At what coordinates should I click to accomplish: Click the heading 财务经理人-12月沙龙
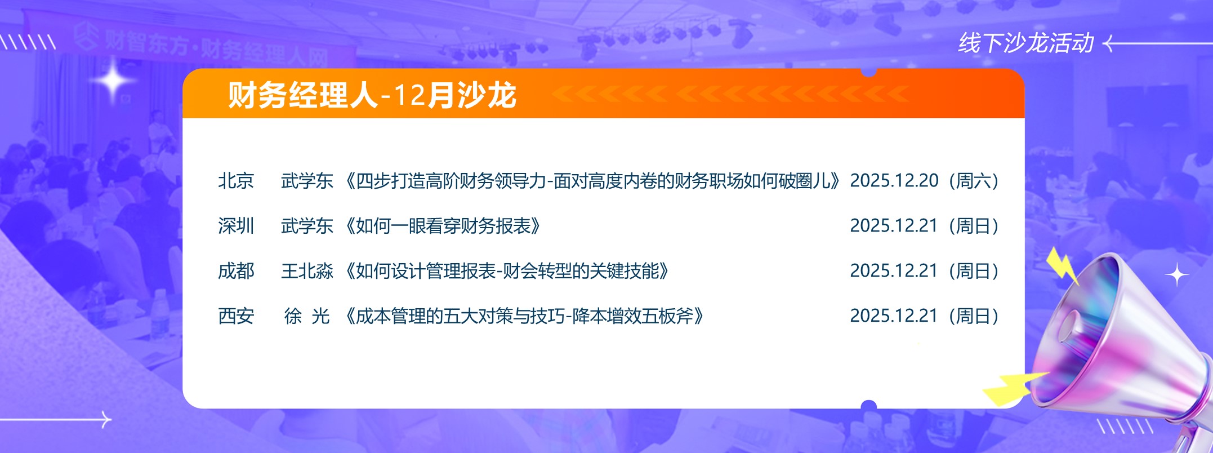(372, 94)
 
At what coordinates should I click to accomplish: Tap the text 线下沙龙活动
(1025, 43)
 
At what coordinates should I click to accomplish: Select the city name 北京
(236, 181)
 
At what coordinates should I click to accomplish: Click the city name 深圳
(236, 226)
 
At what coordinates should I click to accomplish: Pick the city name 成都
(236, 271)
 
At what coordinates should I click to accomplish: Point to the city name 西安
(236, 316)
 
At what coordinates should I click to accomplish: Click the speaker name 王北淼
(307, 271)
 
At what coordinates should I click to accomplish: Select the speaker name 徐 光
(307, 316)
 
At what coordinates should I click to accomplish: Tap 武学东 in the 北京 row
(307, 181)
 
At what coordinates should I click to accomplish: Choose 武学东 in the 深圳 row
(307, 226)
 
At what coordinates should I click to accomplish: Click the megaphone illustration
(1121, 349)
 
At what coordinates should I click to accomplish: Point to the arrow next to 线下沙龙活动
(1157, 43)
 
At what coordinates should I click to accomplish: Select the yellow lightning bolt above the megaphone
(1062, 265)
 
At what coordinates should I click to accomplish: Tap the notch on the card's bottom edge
(869, 405)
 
